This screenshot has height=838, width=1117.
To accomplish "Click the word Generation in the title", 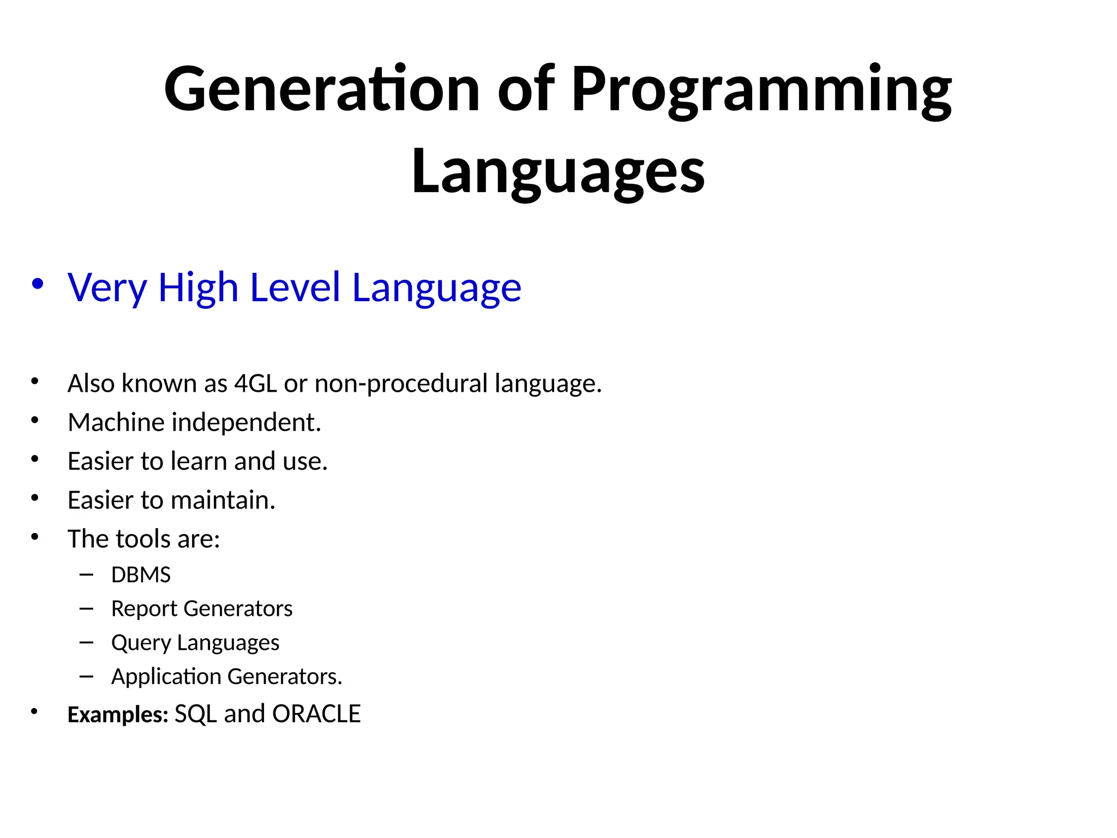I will pyautogui.click(x=321, y=89).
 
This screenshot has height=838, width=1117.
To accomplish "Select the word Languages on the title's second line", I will pyautogui.click(x=558, y=171).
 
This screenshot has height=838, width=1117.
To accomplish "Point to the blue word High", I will pyautogui.click(x=198, y=288).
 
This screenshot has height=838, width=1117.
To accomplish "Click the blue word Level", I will pyautogui.click(x=295, y=288).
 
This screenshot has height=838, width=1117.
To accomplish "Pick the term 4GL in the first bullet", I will pyautogui.click(x=255, y=384).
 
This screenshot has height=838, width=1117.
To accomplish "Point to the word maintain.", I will pyautogui.click(x=223, y=500).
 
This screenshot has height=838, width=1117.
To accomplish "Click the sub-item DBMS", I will pyautogui.click(x=141, y=575).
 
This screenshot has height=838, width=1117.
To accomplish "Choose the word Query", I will pyautogui.click(x=141, y=643).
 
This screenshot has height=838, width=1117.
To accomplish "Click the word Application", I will pyautogui.click(x=166, y=677).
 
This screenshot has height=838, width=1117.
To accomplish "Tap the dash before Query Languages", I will pyautogui.click(x=86, y=643).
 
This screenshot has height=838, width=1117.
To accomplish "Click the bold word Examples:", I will pyautogui.click(x=118, y=715).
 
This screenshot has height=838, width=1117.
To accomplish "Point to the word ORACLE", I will pyautogui.click(x=316, y=714).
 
